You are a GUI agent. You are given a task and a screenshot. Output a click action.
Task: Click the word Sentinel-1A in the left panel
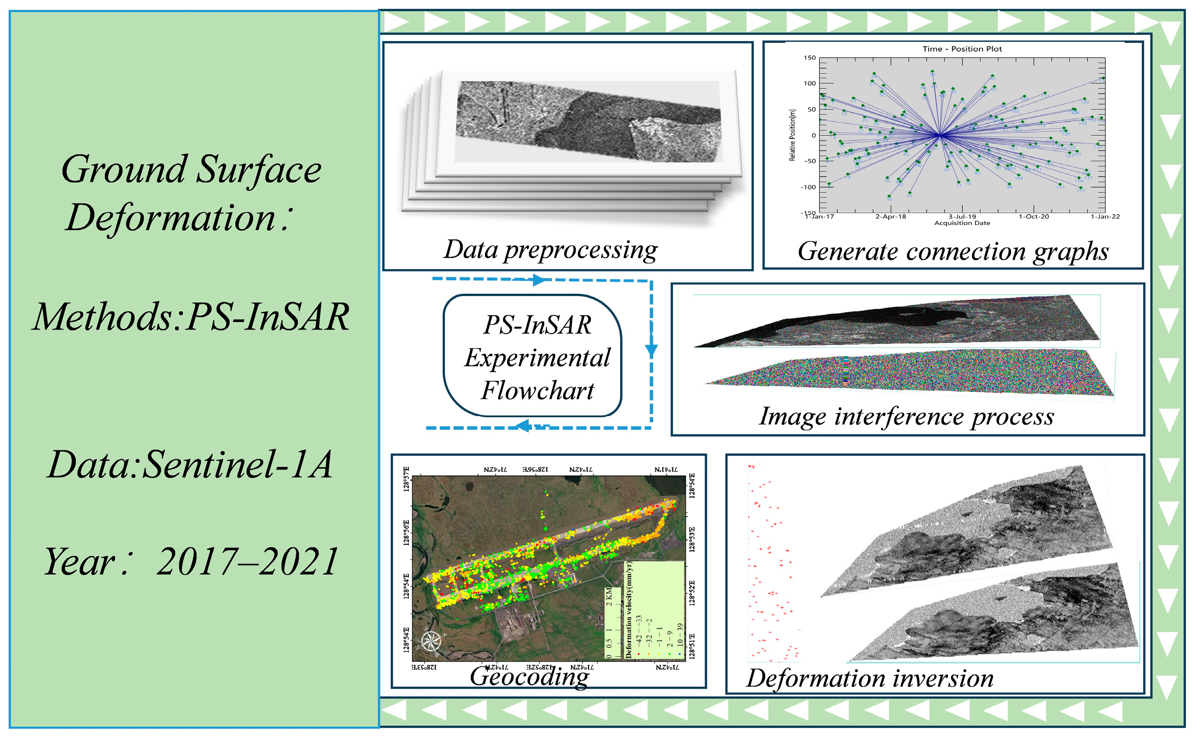238,465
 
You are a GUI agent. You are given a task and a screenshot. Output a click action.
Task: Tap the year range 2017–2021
247,562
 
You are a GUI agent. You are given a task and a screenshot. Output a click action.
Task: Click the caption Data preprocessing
550,250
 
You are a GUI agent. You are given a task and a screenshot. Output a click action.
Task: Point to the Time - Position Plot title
962,49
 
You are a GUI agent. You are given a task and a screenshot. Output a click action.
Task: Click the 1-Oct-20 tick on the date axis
1033,217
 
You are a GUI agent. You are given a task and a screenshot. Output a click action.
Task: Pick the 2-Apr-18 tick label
891,217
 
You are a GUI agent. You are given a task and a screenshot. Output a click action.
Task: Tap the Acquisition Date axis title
962,223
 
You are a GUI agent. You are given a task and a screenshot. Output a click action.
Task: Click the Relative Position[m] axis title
792,135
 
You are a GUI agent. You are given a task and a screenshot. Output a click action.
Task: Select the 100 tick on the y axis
810,83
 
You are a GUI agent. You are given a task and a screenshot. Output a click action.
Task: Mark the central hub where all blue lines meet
939,135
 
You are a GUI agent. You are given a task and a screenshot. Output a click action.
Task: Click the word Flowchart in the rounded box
537,391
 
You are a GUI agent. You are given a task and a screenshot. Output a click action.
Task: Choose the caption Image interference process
907,417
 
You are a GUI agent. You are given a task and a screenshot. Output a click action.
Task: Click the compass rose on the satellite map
431,641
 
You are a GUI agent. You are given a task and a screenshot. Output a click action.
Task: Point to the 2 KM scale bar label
609,597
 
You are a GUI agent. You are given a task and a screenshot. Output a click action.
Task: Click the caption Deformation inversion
870,678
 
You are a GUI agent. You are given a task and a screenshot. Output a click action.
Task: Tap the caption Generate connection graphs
953,252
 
